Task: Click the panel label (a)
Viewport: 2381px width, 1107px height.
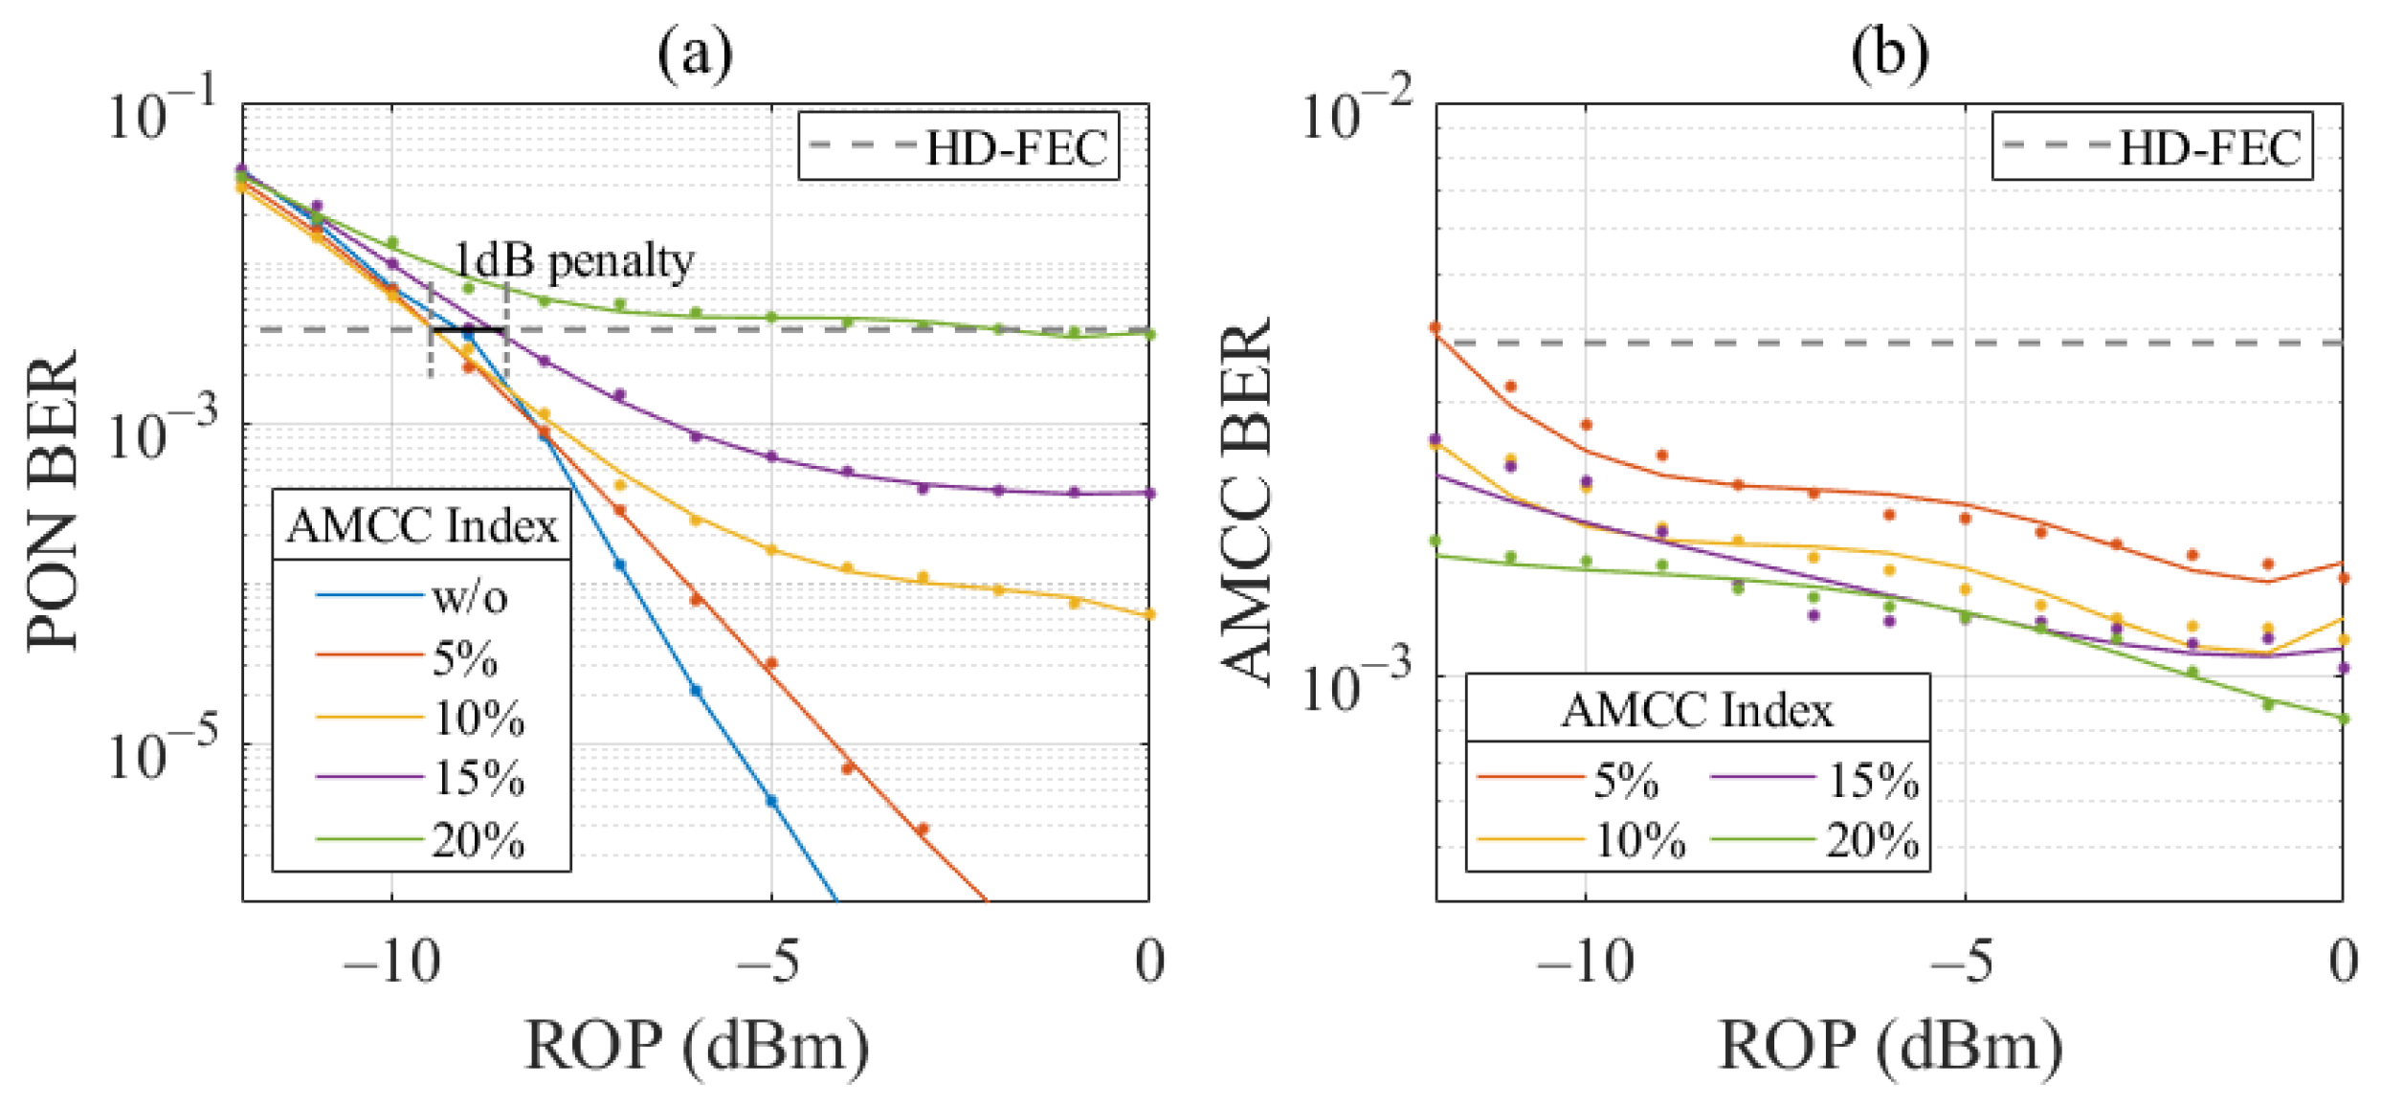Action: click(695, 54)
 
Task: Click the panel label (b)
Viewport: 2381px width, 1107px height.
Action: click(1889, 54)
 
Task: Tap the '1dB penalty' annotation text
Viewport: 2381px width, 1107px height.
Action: click(573, 260)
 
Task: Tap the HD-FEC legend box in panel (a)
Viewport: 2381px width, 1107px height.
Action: click(959, 146)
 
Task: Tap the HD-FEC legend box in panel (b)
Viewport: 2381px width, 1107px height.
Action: click(2152, 146)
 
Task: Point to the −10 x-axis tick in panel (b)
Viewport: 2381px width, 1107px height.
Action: click(1585, 961)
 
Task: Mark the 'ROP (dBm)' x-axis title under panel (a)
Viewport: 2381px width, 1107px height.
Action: click(697, 1046)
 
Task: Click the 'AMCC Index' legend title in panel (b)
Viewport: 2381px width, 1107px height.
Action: click(1697, 710)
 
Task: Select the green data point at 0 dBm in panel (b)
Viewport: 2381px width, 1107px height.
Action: click(2343, 719)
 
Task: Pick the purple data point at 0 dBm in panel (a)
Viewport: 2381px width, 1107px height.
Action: click(1149, 494)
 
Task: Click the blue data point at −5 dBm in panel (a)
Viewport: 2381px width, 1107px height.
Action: click(771, 801)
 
